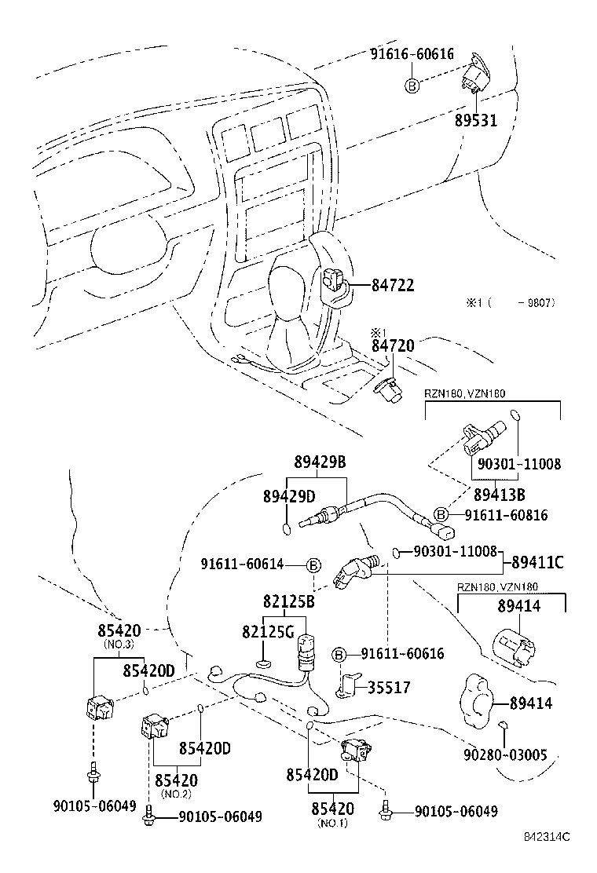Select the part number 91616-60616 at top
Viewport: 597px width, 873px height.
(412, 54)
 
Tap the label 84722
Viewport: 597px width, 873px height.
(393, 286)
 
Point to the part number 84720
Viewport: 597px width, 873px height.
(393, 345)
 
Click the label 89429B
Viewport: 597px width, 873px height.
(320, 462)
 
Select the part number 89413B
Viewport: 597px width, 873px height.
(499, 495)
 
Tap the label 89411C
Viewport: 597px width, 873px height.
(537, 562)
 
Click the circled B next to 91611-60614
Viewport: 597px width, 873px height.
(313, 565)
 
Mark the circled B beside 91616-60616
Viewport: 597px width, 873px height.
(412, 86)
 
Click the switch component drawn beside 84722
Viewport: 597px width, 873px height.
(331, 281)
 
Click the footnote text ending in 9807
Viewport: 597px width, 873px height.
(511, 302)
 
